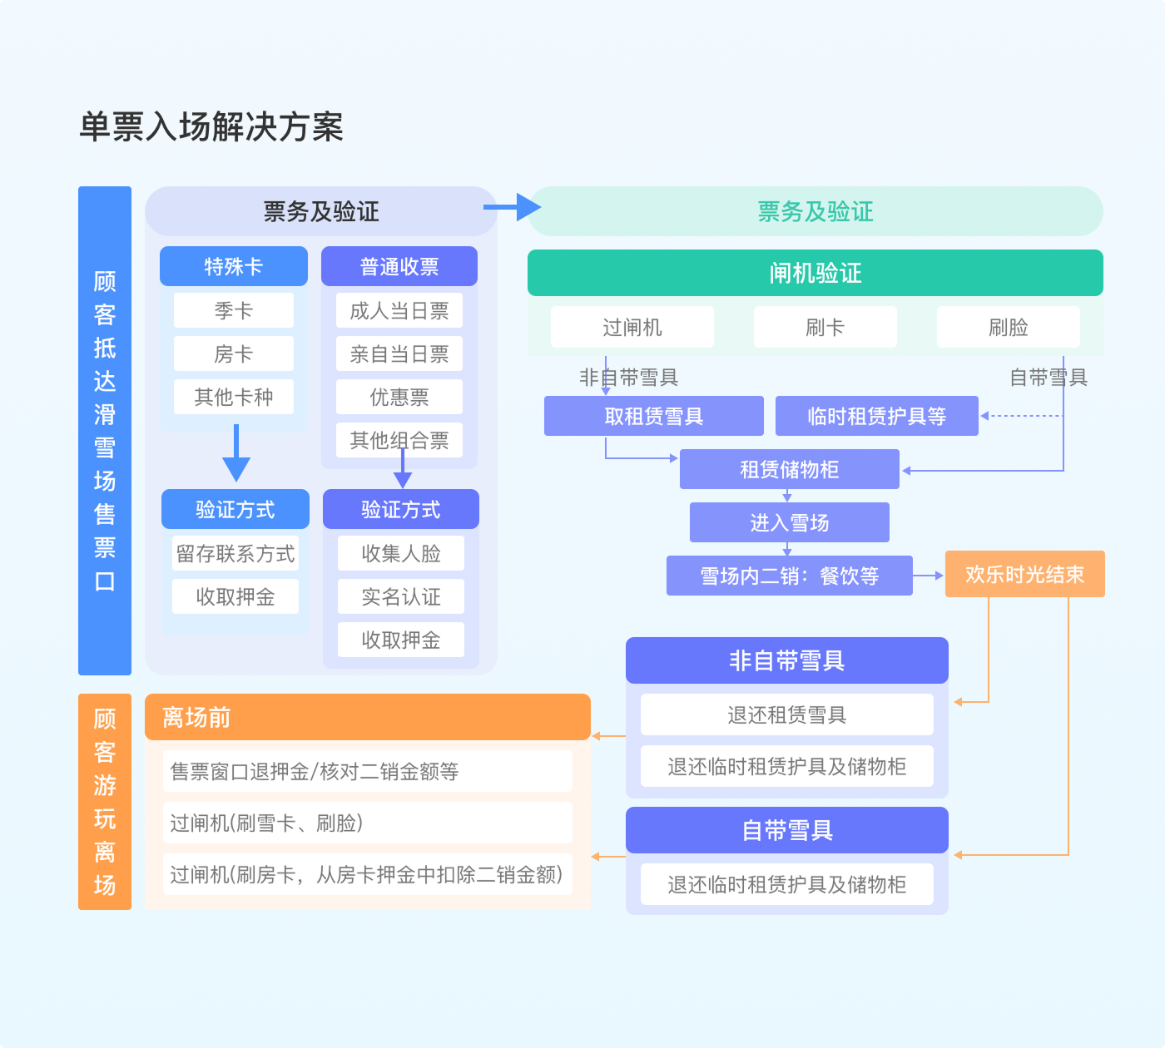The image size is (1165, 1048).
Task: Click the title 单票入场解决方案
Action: coord(211,127)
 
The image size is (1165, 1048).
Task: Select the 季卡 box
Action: coord(233,310)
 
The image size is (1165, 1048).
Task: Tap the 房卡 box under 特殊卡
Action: coord(233,353)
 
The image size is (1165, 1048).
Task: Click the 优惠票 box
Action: coord(399,397)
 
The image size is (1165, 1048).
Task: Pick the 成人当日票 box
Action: coord(399,310)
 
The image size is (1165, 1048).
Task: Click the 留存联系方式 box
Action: coord(235,553)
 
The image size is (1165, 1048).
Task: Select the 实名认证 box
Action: coord(400,596)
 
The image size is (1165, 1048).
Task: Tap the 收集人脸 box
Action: coord(400,553)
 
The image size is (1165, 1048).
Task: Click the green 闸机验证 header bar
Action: coord(815,273)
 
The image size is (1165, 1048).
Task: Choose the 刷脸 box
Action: coord(1008,327)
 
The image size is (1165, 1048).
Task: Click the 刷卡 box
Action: coord(825,327)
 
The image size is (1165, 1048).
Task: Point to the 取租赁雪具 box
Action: coord(653,416)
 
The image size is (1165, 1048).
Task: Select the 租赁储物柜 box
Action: coord(789,469)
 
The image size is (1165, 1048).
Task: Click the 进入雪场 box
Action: coord(789,522)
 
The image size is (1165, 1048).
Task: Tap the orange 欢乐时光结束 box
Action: coord(1024,574)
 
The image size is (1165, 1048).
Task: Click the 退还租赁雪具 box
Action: coord(786,714)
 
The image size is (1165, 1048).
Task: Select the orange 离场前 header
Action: coord(367,717)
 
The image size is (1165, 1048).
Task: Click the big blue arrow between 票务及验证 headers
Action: coord(513,207)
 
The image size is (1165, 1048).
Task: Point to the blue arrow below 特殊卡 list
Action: coord(236,455)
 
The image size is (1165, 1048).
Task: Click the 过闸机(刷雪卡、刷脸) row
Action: coord(367,823)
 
